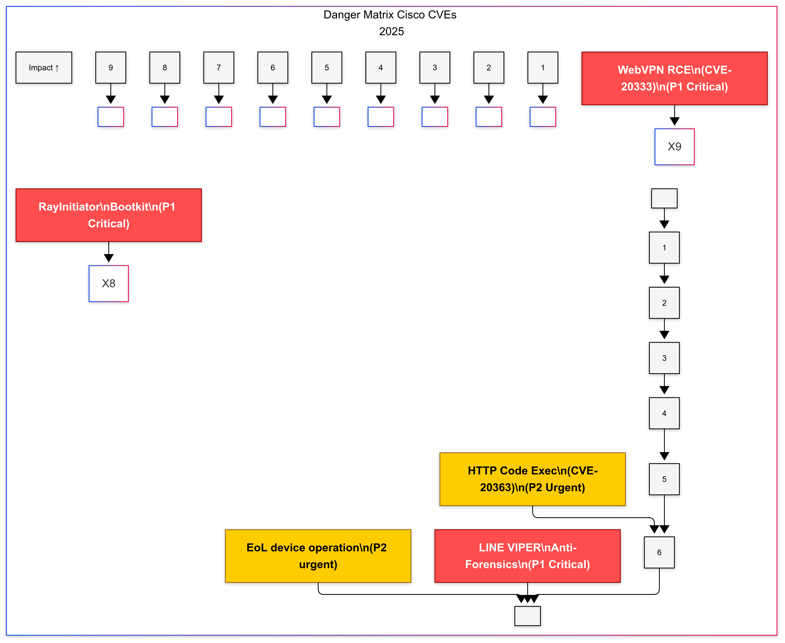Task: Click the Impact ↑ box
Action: pos(44,68)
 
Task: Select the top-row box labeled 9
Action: pos(111,68)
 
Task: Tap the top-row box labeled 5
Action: pos(326,68)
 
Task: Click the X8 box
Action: pos(108,283)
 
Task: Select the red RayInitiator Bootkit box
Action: pos(108,215)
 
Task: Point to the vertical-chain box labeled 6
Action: pos(659,552)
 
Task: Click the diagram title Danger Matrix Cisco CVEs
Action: pos(390,15)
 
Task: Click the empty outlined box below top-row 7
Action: pos(219,117)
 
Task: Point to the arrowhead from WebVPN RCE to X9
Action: pos(674,121)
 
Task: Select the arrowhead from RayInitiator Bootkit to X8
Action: pos(108,258)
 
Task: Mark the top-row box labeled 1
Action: pos(543,68)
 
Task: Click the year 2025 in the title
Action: pos(391,32)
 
